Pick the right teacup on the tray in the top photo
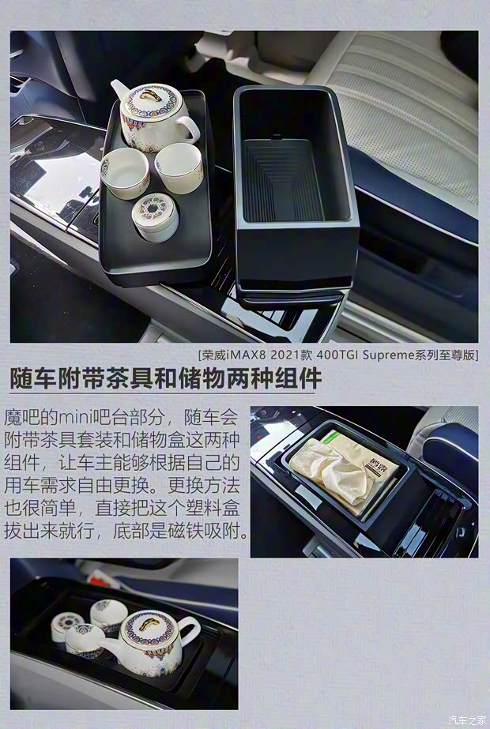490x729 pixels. [179, 166]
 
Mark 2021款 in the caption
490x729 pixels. [280, 355]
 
